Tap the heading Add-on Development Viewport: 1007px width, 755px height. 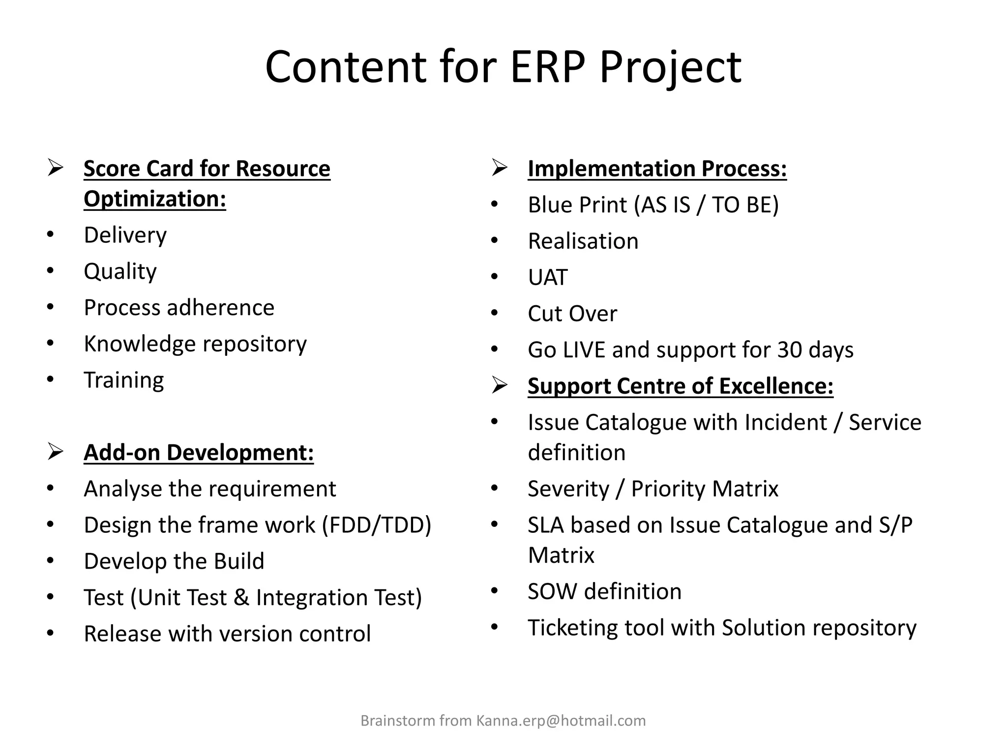click(199, 453)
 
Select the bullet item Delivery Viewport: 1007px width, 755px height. click(125, 235)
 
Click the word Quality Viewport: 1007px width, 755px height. click(120, 271)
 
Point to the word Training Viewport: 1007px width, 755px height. click(124, 380)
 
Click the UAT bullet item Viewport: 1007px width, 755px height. click(548, 277)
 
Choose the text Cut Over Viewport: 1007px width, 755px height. click(572, 314)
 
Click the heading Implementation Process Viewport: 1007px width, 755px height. click(657, 169)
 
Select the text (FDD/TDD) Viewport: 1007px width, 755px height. click(377, 525)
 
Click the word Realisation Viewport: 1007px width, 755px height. click(583, 241)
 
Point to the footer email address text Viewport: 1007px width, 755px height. click(561, 721)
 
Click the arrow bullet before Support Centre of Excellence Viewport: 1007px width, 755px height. click(499, 386)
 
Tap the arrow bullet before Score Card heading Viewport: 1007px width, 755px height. click(55, 168)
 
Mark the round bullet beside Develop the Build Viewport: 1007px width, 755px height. click(50, 561)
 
